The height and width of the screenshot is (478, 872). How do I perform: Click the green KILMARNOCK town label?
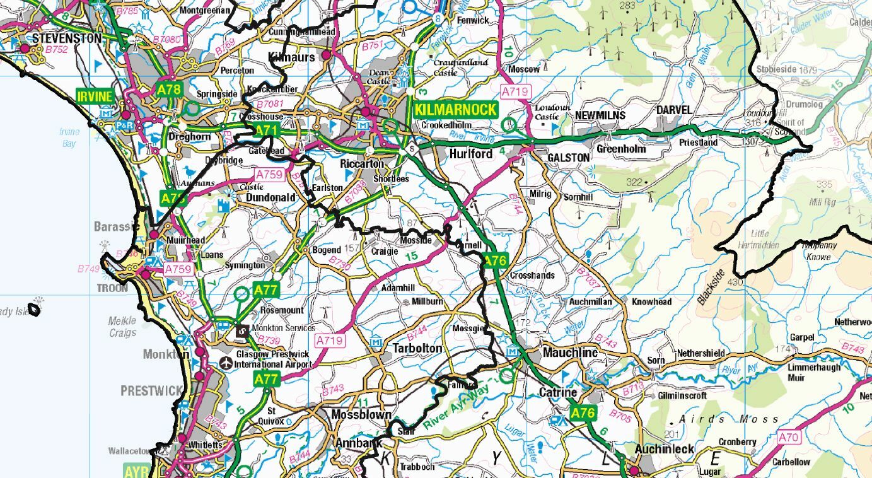point(455,109)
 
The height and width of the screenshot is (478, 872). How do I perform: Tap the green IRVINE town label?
point(95,96)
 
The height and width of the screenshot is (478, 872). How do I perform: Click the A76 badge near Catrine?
point(583,413)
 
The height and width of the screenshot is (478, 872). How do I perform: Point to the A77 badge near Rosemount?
point(265,289)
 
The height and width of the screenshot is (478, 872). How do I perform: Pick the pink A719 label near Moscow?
point(514,92)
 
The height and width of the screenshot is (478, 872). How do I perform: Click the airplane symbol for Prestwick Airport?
point(226,363)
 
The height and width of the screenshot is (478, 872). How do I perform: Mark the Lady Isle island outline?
point(37,309)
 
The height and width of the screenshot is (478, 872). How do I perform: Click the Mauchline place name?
point(569,353)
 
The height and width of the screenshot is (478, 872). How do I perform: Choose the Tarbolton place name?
point(417,348)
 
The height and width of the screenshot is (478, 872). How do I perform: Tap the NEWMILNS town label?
point(600,115)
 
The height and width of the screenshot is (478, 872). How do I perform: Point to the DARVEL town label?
point(674,110)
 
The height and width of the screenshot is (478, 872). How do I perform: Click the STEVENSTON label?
point(66,38)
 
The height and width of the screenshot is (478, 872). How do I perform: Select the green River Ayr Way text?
point(465,408)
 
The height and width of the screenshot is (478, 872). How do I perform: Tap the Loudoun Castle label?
point(547,112)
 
